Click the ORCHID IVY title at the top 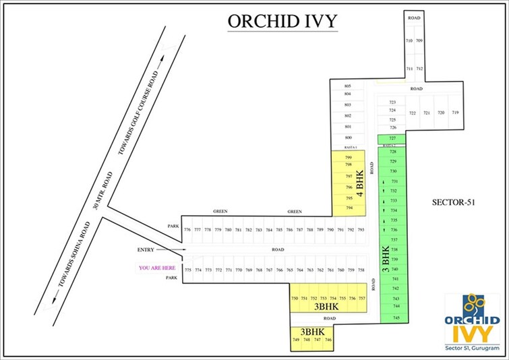click(282, 21)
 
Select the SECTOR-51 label click(452, 202)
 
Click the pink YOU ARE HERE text click(157, 268)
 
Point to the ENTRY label click(146, 250)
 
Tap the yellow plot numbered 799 click(349, 157)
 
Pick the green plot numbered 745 click(396, 318)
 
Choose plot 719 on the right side click(455, 113)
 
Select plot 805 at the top click(348, 86)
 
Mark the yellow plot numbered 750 click(294, 298)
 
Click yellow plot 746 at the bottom click(328, 340)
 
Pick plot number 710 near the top click(409, 41)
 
